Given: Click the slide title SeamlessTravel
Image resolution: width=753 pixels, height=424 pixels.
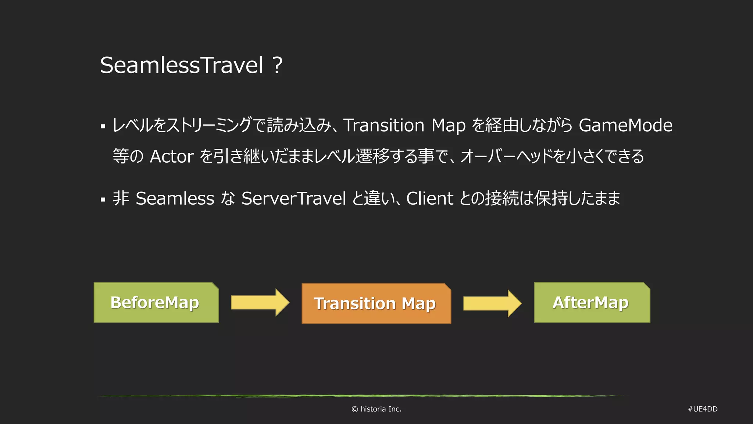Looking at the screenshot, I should pos(182,65).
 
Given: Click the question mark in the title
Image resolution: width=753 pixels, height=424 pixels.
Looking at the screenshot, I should pos(278,65).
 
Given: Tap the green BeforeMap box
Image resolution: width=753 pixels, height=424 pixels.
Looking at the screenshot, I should pos(156,303).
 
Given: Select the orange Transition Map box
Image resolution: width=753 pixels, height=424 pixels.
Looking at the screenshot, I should pos(376,304).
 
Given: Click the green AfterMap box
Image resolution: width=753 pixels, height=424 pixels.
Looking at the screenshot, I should pos(592,303).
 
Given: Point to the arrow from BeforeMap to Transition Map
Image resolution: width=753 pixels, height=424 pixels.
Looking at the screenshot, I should pos(260,303).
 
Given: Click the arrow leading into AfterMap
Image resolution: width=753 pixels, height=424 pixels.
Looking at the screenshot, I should pos(492,303).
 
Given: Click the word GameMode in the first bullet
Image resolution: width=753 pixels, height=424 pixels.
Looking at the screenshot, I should pos(625,126).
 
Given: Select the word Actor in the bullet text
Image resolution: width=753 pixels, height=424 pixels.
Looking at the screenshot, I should pos(172,157).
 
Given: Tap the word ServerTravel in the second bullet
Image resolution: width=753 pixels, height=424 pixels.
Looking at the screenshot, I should pos(293,199).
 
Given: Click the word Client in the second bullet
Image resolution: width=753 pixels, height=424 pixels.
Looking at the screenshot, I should pos(429,199).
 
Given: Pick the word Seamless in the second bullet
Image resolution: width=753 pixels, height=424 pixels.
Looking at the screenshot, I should pos(175,199).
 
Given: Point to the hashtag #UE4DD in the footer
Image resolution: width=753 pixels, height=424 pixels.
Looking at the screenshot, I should pos(702,409).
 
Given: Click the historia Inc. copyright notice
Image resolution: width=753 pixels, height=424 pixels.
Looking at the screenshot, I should pos(376,409).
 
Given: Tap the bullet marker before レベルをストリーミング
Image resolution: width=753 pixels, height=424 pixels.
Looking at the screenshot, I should pos(103,127).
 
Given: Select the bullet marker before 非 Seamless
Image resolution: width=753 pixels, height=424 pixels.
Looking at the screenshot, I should pos(103,200).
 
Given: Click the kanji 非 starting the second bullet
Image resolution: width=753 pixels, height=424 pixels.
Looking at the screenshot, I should pos(121,198).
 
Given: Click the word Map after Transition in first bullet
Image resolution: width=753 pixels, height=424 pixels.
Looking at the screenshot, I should pos(448,126).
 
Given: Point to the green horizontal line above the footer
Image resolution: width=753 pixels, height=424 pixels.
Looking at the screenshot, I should pos(362,396).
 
